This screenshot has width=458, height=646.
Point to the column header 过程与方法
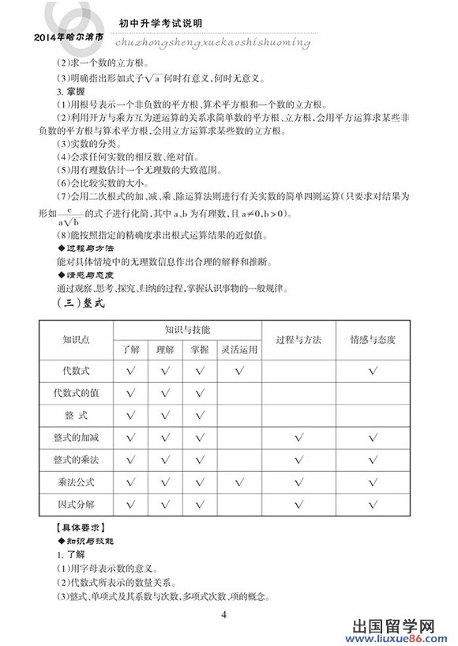[x=298, y=339]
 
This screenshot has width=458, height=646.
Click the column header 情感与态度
[x=373, y=339]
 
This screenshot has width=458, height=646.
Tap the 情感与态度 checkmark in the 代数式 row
[x=373, y=370]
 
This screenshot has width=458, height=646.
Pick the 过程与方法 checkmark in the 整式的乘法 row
[x=298, y=459]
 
